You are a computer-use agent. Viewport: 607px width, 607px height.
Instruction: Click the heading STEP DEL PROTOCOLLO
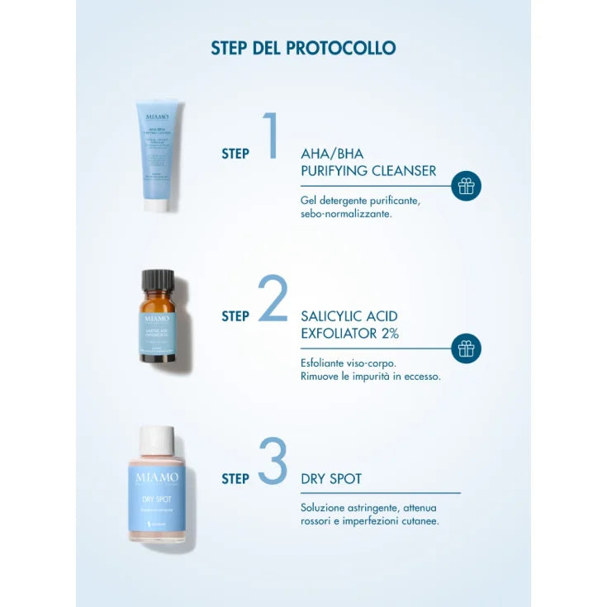(303, 48)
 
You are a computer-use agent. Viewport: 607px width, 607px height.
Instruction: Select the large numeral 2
(272, 298)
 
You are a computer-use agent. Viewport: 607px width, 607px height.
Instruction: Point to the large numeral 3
(272, 461)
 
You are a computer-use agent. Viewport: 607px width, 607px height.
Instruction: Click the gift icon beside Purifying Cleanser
(467, 186)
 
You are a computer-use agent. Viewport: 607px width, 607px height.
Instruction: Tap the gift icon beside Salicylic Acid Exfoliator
(467, 349)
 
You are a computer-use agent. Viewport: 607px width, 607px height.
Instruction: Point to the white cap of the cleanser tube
(156, 204)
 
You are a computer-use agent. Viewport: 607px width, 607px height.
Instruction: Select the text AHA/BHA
(332, 154)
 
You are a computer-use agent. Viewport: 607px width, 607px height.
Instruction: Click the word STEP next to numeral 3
(235, 478)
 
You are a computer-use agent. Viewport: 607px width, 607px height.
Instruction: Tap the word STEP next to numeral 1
(235, 153)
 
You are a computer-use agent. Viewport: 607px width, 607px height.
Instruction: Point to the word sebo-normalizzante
(346, 213)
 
